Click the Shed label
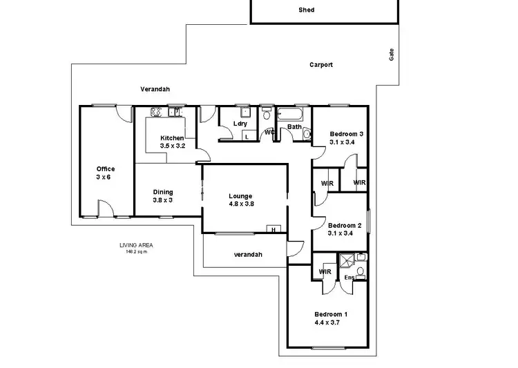click(306, 10)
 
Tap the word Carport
click(320, 65)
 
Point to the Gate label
click(391, 55)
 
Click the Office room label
click(105, 169)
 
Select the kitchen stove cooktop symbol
click(155, 112)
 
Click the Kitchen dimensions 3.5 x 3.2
click(172, 146)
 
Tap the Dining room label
click(163, 192)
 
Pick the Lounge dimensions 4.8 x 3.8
click(241, 204)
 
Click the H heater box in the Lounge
click(274, 229)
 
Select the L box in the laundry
click(247, 137)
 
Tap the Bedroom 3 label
click(346, 134)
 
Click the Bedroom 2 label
click(345, 226)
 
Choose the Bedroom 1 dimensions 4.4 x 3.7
click(331, 322)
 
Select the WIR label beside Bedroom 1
click(325, 272)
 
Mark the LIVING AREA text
click(135, 245)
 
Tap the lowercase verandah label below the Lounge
click(247, 255)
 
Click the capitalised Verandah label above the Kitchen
click(155, 89)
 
